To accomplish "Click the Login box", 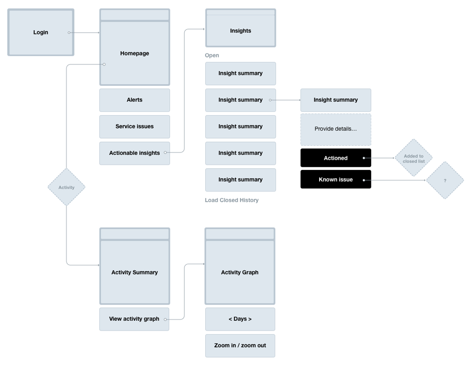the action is click(41, 32).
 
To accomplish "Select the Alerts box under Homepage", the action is click(134, 100).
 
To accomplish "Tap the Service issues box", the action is click(134, 127).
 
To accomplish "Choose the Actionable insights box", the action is click(134, 153).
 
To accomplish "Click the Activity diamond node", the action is click(67, 187).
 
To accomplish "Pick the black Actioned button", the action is click(336, 158).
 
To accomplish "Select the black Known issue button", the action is click(336, 179).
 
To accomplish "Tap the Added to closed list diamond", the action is click(414, 158).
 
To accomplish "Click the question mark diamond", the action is click(445, 180).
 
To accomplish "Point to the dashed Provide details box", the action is click(336, 129).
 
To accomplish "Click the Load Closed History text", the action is click(231, 200).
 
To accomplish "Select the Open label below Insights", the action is click(212, 55).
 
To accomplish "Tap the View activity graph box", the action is click(134, 319).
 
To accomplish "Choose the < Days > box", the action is click(240, 319).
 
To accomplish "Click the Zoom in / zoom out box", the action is click(240, 345).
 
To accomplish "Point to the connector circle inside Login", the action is click(69, 33).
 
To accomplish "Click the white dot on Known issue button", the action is click(364, 180).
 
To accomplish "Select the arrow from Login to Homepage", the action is click(84, 33).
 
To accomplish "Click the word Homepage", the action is click(134, 53).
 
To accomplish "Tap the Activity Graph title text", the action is click(240, 272).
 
